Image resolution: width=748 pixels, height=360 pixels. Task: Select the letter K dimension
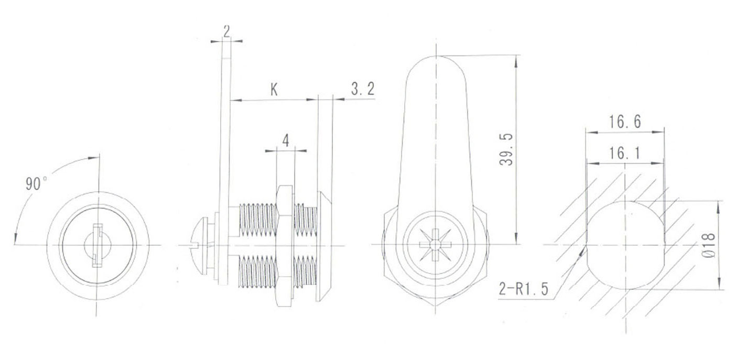pyautogui.click(x=274, y=90)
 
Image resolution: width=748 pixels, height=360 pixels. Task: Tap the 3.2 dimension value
pyautogui.click(x=363, y=90)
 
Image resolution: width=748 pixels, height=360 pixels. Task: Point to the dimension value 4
pyautogui.click(x=286, y=140)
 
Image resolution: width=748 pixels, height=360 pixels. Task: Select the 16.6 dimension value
pyautogui.click(x=625, y=122)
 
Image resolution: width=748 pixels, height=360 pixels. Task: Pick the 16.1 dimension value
pyautogui.click(x=625, y=153)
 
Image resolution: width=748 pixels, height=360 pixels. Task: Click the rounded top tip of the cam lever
pyautogui.click(x=435, y=59)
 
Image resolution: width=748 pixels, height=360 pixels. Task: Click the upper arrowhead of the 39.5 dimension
pyautogui.click(x=517, y=61)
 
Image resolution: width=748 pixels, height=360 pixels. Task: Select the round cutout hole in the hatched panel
pyautogui.click(x=625, y=245)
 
